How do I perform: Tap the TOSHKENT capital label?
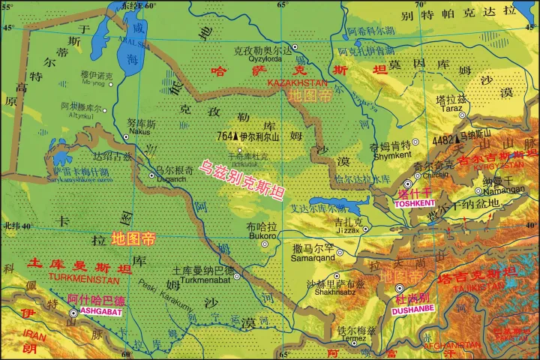point(415,202)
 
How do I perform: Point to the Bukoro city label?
point(262,235)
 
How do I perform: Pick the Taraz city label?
point(451,108)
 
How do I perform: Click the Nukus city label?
point(139,131)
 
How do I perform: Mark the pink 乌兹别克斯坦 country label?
point(241,181)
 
